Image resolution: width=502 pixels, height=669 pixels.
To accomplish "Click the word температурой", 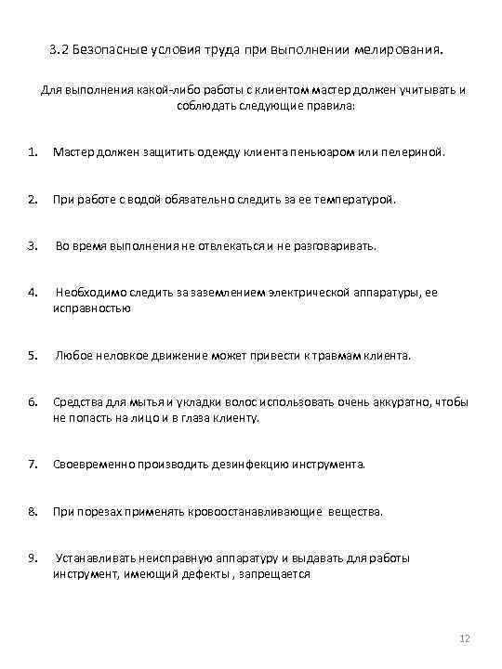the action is tap(352, 198).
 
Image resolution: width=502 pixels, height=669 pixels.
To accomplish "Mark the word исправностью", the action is tap(91, 308).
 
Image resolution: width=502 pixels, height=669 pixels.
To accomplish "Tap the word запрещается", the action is tap(274, 574).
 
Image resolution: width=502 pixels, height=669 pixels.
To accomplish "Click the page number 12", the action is tap(466, 640).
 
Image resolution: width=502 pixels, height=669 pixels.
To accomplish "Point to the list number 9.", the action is tap(32, 558).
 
